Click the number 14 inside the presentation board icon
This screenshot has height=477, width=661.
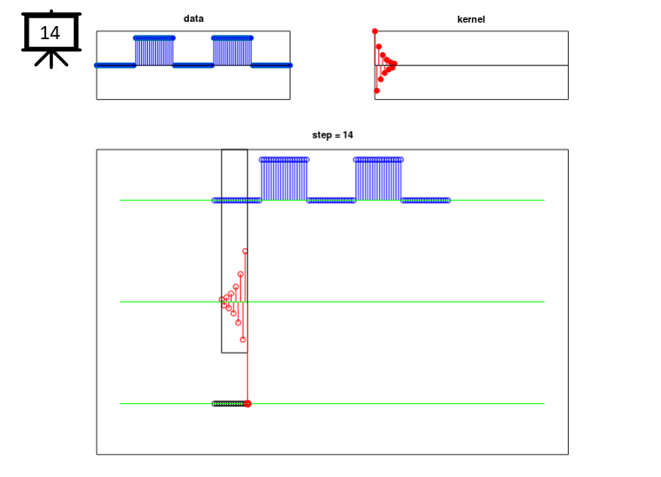tap(50, 33)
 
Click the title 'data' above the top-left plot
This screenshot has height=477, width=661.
tap(193, 18)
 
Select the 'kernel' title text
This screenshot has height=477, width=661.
tap(471, 19)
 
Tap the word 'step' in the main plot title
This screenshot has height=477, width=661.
tap(321, 135)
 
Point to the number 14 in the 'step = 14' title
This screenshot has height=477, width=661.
tap(347, 135)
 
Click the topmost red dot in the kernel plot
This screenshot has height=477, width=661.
tap(374, 31)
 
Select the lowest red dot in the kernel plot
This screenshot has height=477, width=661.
tap(377, 91)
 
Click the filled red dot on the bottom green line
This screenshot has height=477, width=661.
tap(247, 404)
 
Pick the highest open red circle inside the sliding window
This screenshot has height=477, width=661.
tap(245, 252)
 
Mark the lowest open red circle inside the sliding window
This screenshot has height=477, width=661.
tap(243, 339)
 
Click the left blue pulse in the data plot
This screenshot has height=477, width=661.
tap(154, 50)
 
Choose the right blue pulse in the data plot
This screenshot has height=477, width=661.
tap(233, 50)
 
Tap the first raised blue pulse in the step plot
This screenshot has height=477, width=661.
tap(284, 179)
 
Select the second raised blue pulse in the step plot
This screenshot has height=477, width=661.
tap(378, 179)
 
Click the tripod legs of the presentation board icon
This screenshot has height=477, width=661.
tap(51, 59)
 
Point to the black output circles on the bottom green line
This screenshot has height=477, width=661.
tap(229, 404)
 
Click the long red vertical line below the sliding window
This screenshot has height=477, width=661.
tap(247, 377)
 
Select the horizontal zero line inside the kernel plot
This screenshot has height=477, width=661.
tap(471, 65)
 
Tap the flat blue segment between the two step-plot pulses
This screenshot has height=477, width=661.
tap(331, 200)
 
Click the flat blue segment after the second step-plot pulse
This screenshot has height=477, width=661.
tap(425, 200)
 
